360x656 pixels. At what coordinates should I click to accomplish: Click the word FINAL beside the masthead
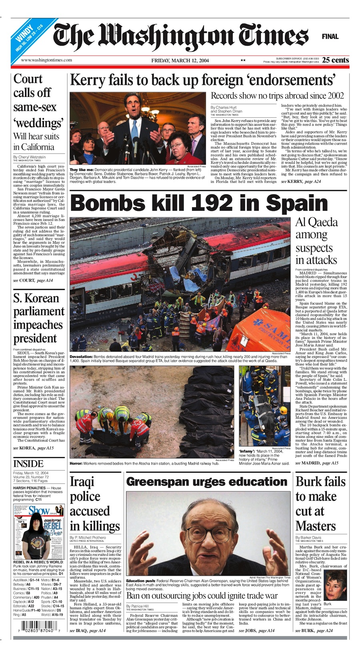(330, 36)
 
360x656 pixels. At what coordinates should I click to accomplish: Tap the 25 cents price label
(336, 60)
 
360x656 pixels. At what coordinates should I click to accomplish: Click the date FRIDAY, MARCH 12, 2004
(180, 60)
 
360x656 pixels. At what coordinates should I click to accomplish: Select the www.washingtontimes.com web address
(46, 60)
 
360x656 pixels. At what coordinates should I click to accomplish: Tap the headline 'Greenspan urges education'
(206, 482)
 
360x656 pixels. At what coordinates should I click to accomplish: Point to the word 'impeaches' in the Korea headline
(38, 325)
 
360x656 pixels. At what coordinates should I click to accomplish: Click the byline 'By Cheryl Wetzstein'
(29, 157)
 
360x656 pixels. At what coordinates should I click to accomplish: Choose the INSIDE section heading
(28, 464)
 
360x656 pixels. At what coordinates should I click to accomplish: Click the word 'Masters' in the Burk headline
(316, 526)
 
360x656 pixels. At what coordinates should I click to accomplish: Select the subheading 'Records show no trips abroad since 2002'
(277, 96)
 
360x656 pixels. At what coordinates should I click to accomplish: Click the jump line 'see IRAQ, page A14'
(88, 631)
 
